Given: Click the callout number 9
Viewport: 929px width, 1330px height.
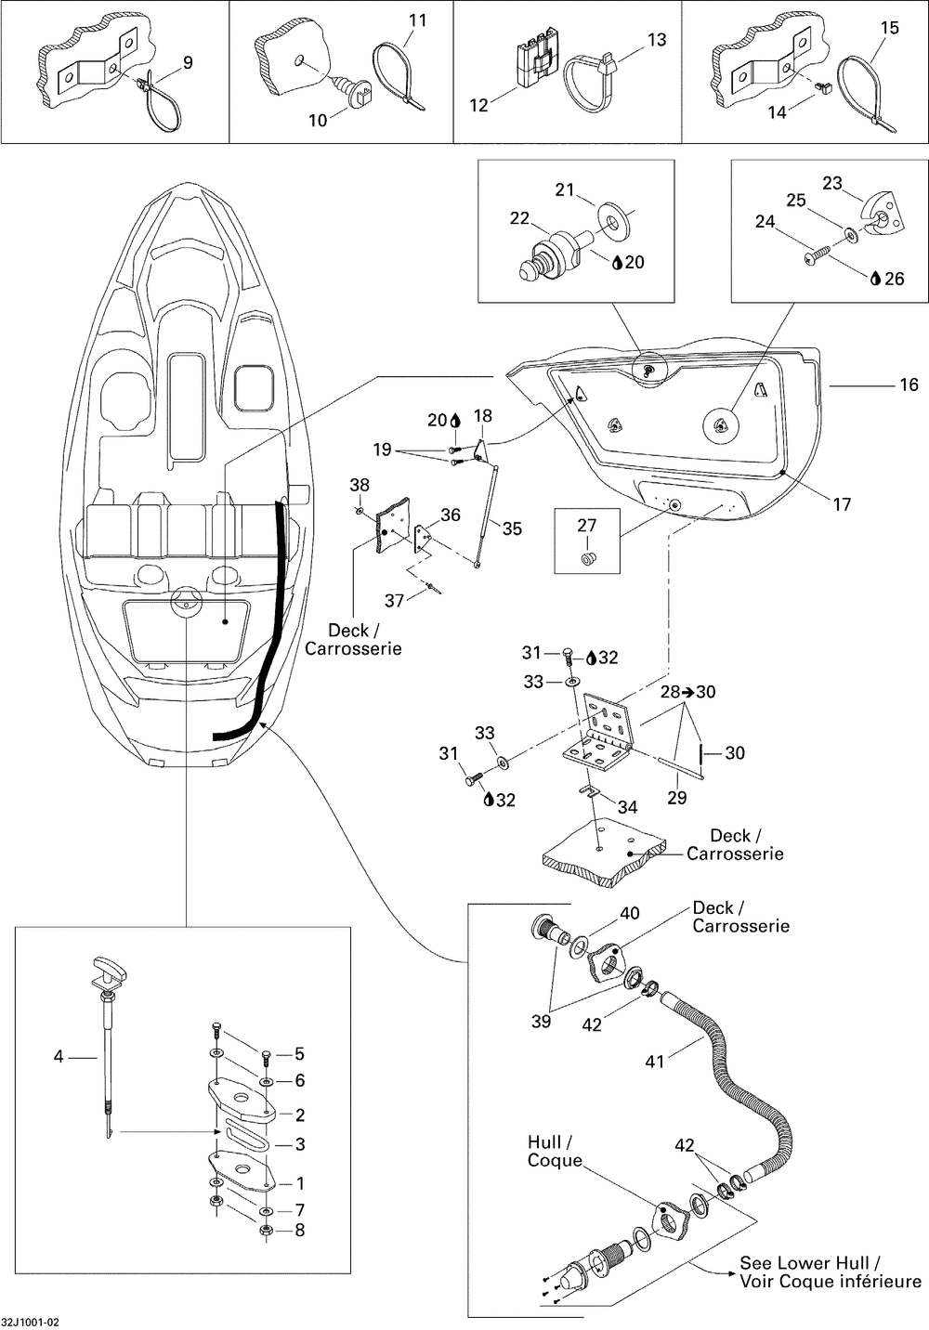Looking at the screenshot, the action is coord(188,62).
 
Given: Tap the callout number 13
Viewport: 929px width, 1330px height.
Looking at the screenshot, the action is coord(657,40).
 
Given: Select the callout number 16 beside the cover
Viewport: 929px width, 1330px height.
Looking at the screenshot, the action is coord(909,385).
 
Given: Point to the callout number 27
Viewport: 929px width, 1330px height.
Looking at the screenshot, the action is coord(586,526).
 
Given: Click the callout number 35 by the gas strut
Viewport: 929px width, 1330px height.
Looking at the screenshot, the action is coord(512,528).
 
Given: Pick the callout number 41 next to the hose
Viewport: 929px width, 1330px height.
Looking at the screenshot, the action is coord(655,1061).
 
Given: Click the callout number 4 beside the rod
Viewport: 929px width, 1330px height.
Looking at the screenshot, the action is coord(59,1056).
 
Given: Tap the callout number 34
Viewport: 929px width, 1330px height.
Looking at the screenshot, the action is coord(627,807).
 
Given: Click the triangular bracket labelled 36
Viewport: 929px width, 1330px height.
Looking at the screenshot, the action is coord(423,538).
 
